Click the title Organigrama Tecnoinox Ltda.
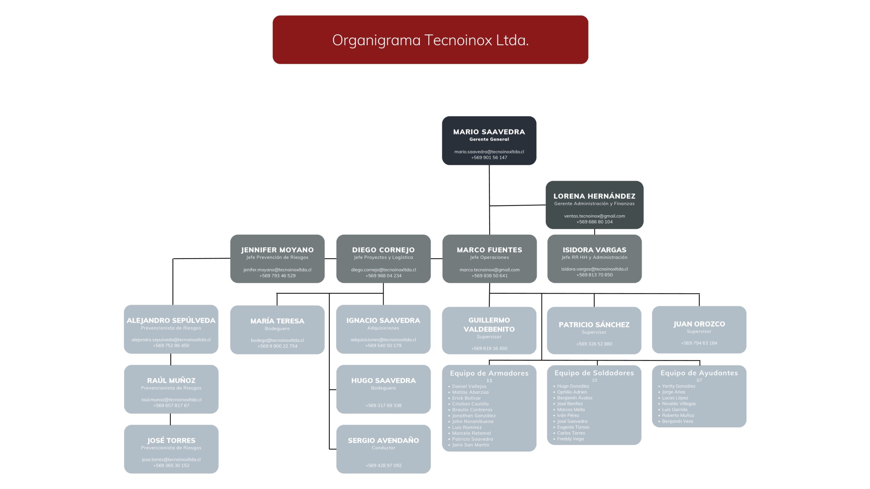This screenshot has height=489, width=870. coord(430,40)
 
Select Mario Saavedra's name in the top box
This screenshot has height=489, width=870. coord(489,132)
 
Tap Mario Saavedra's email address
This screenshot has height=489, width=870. coord(489,152)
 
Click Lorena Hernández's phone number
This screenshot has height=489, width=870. coord(594,222)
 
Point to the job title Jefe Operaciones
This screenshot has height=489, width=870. coord(489,257)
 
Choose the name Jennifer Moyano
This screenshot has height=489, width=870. coord(277,250)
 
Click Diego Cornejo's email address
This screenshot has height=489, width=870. coord(383,270)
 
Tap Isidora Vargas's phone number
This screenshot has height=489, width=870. coord(594,275)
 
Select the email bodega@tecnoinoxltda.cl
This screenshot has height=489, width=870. coord(277,340)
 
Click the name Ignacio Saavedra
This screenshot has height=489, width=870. coord(383,321)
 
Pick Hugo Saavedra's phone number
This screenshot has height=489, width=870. coord(383,405)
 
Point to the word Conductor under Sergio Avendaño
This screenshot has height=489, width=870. coord(383,448)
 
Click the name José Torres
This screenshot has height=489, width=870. coord(171,440)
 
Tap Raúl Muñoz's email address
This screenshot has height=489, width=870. coord(171,400)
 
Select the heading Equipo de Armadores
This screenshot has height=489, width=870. coord(489,373)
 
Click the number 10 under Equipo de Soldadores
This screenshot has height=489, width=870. coord(594,380)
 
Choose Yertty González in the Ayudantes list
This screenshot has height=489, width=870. coord(678,386)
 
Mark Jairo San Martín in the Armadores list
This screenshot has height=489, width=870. coord(470,445)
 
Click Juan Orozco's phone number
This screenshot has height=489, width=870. coord(699,343)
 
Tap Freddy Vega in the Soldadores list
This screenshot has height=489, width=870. coord(570,439)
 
